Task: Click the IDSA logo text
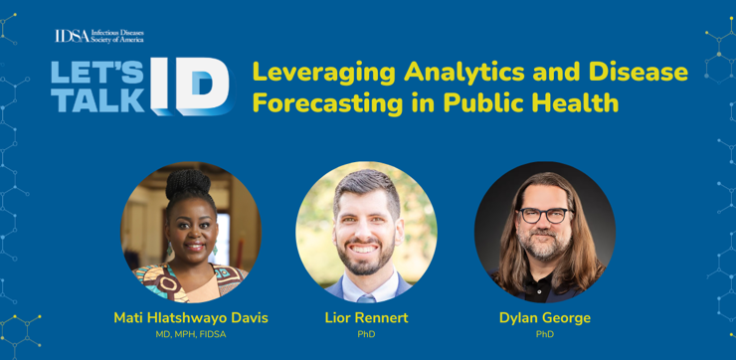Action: (99, 36)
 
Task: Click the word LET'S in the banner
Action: (97, 73)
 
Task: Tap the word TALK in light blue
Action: (97, 99)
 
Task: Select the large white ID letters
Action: (192, 87)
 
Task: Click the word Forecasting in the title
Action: (327, 103)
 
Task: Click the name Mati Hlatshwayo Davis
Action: (191, 318)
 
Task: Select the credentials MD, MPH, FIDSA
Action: (191, 335)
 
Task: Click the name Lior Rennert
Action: (367, 318)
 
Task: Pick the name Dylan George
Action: (545, 318)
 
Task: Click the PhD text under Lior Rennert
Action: (367, 335)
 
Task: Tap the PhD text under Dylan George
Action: (545, 335)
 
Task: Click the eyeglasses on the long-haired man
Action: (544, 216)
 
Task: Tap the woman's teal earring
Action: (169, 249)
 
